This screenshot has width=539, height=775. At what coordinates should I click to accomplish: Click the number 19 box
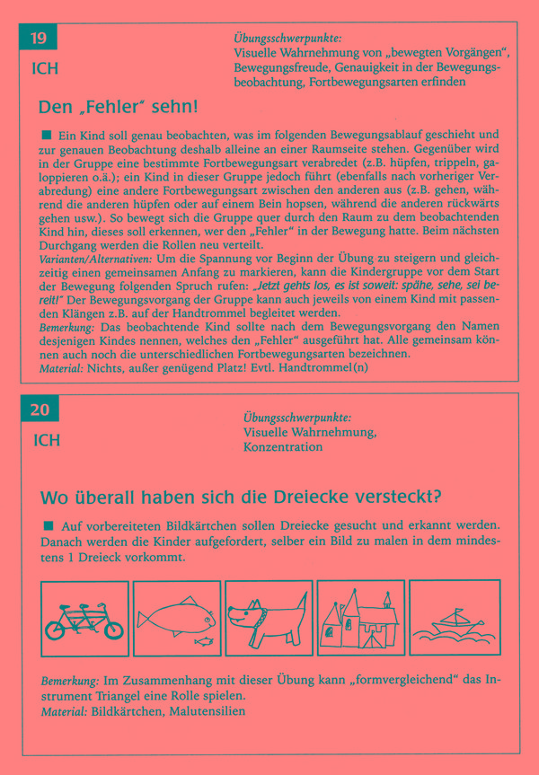tap(39, 39)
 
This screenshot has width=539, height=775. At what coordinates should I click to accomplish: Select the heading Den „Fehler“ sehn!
tap(118, 107)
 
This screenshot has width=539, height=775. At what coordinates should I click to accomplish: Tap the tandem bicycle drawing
tap(85, 618)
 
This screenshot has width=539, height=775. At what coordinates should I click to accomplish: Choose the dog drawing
tap(268, 618)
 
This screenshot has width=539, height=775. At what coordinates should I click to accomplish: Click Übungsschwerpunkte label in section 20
tap(296, 418)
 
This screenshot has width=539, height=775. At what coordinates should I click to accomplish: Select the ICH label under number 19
tap(45, 68)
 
